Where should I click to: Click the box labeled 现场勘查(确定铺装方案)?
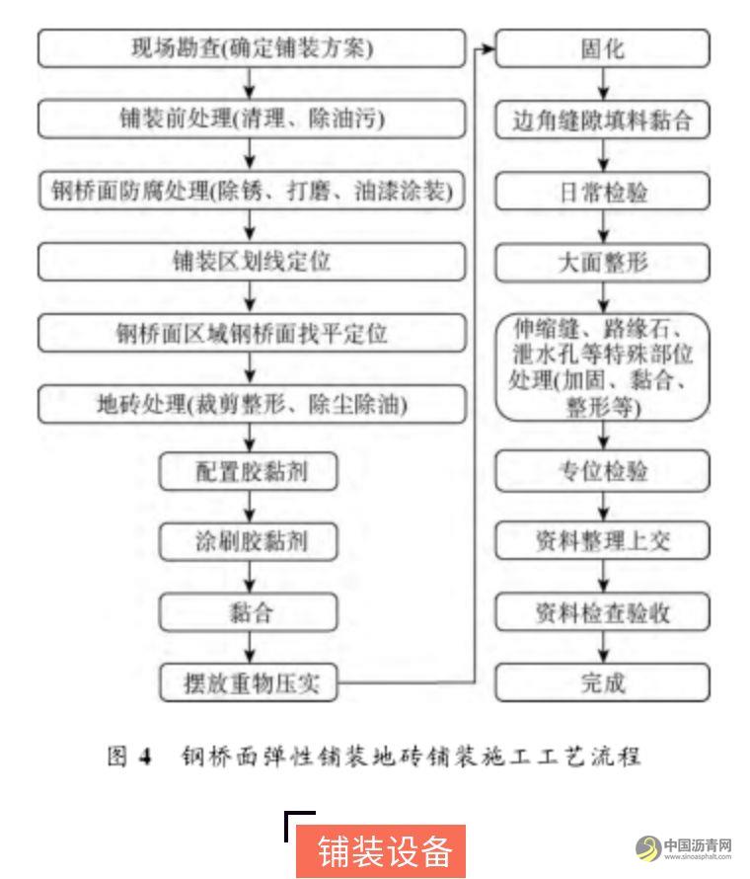click(x=252, y=48)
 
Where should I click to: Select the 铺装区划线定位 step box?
click(x=252, y=262)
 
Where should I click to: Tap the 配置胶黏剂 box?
click(x=248, y=471)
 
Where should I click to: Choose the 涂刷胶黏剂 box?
click(x=248, y=541)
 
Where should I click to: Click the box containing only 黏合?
click(x=248, y=612)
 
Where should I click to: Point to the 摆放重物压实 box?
click(x=248, y=682)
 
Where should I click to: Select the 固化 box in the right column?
click(x=603, y=48)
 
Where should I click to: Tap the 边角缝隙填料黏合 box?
click(x=603, y=120)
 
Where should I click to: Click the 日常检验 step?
click(x=603, y=192)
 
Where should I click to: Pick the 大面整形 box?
click(x=603, y=263)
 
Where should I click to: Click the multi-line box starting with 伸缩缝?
click(x=603, y=367)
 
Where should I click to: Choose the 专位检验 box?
click(x=603, y=471)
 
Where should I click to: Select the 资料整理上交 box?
click(x=603, y=541)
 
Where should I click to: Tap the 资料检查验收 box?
click(x=603, y=612)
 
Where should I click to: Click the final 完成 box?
click(x=603, y=682)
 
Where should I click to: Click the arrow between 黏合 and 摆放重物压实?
click(x=250, y=648)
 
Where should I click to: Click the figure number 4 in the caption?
click(x=146, y=757)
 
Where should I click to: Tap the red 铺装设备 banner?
click(x=381, y=850)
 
